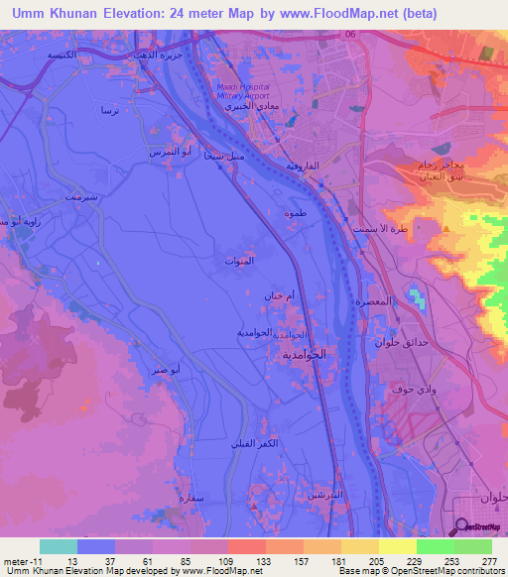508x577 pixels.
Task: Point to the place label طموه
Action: tap(295, 213)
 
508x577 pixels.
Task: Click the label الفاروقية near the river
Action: tap(302, 166)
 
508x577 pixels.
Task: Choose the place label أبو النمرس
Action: tap(164, 152)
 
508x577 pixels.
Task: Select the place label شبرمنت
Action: tap(80, 197)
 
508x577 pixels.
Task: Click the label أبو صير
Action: tap(166, 369)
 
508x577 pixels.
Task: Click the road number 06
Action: tap(350, 35)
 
